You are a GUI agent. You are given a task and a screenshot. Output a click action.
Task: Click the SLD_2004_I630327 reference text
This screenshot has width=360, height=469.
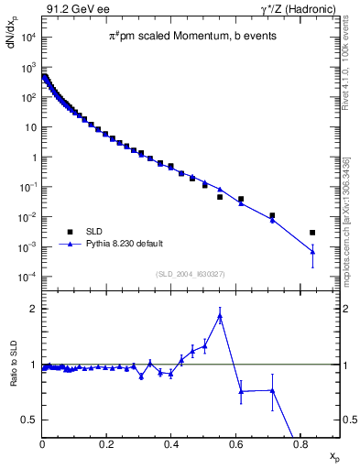191,273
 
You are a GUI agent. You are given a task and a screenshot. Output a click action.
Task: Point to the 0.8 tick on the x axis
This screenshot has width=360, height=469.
300,445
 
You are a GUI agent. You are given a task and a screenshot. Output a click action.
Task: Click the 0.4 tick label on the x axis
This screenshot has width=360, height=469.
171,445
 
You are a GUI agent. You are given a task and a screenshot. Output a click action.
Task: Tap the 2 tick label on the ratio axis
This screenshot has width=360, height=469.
33,309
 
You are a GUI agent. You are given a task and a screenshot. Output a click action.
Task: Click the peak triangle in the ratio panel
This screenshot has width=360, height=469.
220,317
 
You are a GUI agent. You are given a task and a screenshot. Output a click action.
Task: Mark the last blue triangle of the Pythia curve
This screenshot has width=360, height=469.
312,252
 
